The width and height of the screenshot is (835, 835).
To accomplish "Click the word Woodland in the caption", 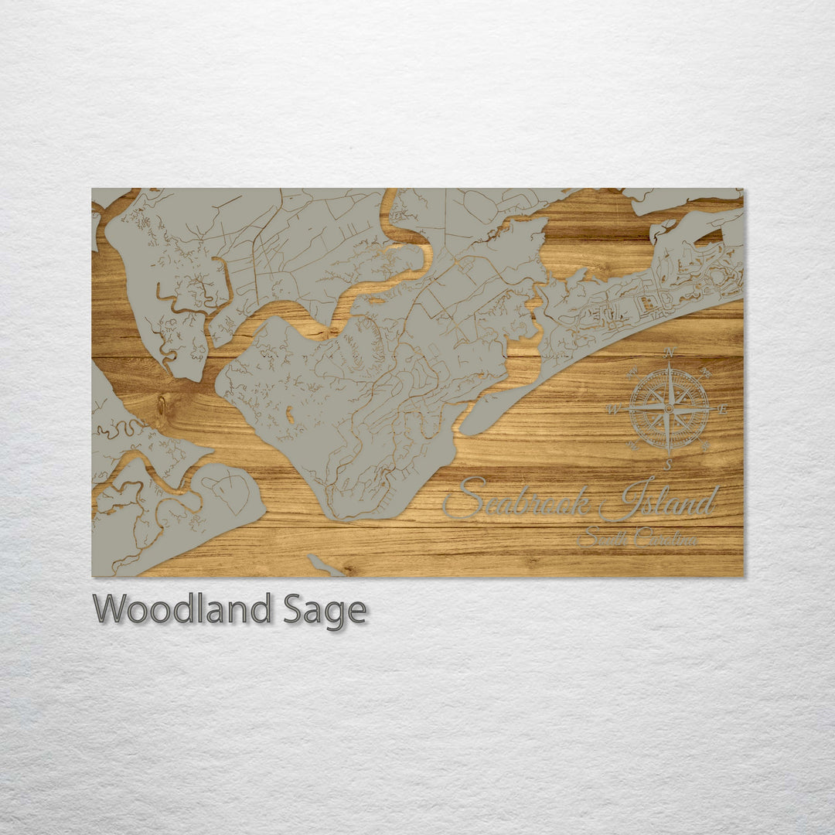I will pos(182,609).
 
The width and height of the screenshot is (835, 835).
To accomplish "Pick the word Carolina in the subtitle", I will pos(665,538).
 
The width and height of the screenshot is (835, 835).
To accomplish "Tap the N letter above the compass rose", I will pos(670,353).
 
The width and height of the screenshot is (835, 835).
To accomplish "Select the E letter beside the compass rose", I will pos(724,409).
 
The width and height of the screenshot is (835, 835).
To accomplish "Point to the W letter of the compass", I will pos(615,409).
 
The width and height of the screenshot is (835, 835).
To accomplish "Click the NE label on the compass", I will pos(706,372).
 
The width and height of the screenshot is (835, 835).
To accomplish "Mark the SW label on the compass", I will pos(632,446).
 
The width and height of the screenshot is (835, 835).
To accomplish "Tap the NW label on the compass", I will pos(632,371).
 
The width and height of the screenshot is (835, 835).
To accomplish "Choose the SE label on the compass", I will pos(707,446).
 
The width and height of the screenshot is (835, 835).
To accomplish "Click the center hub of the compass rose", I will pos(670,408).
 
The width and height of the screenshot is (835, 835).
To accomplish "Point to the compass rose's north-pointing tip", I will pos(670,365).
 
